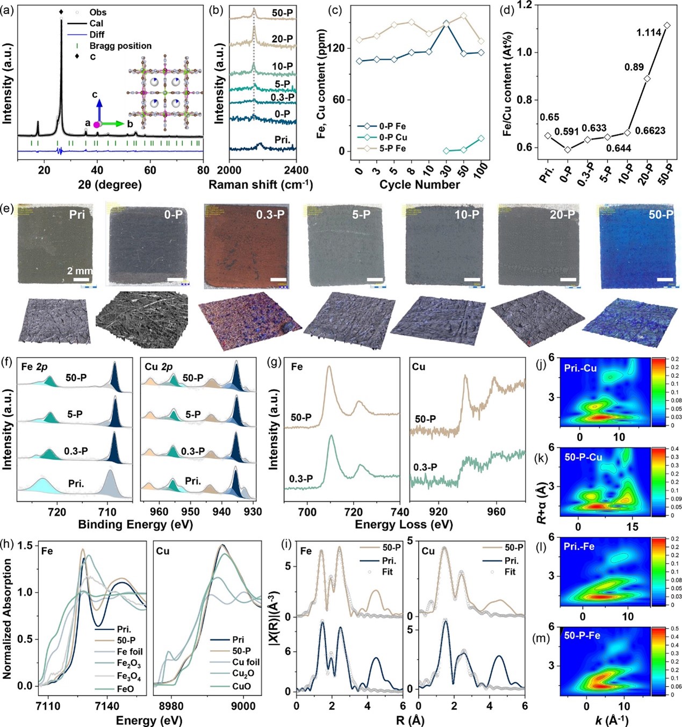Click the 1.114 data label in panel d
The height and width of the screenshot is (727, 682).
[649, 33]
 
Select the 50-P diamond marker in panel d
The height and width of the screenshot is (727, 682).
[667, 25]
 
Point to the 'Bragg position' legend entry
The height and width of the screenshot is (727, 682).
[120, 46]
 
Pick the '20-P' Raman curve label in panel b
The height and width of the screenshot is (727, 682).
[282, 39]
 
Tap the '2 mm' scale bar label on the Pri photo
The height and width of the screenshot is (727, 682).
[80, 271]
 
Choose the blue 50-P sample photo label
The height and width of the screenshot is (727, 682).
[661, 215]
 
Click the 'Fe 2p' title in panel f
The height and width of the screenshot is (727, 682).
[34, 368]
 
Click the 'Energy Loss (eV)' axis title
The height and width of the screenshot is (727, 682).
[404, 524]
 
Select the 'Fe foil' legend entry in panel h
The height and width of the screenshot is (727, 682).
[130, 652]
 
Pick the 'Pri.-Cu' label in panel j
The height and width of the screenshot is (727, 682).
[580, 369]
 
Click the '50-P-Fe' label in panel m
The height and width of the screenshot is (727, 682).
[582, 636]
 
